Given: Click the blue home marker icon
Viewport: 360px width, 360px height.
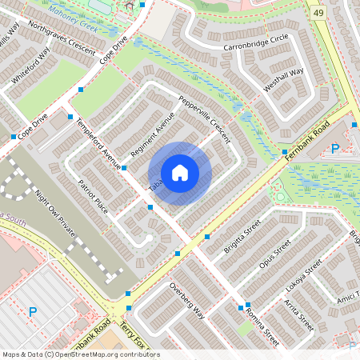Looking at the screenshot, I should click(x=180, y=173).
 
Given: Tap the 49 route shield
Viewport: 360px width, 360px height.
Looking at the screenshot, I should click(x=318, y=13).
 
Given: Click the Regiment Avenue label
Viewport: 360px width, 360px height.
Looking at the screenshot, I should click(x=152, y=134).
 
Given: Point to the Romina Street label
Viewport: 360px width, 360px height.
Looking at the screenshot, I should click(x=260, y=323).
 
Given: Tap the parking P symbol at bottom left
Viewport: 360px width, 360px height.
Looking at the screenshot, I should click(x=33, y=312).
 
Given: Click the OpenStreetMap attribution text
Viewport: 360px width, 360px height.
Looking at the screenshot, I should click(x=80, y=354).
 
